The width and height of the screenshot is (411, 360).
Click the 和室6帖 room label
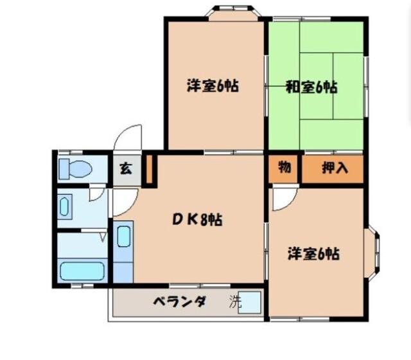(311, 87)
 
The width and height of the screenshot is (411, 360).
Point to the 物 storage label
(284, 168)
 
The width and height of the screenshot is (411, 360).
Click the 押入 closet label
(334, 168)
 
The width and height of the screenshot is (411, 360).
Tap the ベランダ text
(179, 301)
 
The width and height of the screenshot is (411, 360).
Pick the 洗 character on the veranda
(236, 302)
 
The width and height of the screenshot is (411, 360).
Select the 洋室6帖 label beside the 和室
(213, 85)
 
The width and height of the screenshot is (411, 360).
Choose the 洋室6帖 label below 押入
(313, 253)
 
